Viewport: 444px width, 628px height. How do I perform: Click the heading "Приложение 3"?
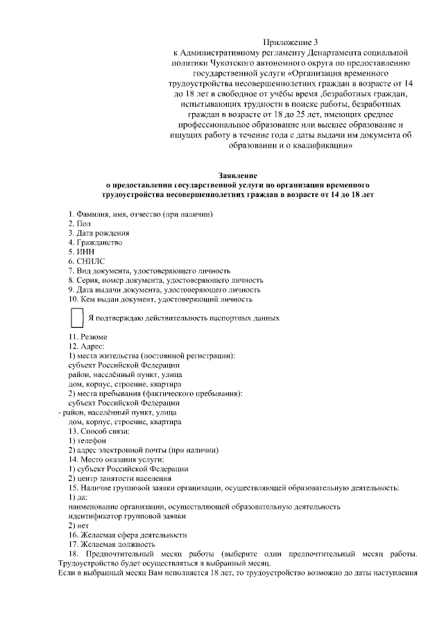click(x=291, y=43)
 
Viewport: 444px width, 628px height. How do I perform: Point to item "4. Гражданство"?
click(x=95, y=243)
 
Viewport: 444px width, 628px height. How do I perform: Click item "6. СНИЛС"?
click(x=86, y=261)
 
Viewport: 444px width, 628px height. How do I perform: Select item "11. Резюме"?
click(x=87, y=337)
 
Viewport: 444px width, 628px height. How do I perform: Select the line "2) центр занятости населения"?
click(x=119, y=478)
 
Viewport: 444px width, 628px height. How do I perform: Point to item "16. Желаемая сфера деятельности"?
click(x=128, y=535)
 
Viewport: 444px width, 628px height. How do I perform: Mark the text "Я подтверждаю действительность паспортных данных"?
click(x=184, y=318)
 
